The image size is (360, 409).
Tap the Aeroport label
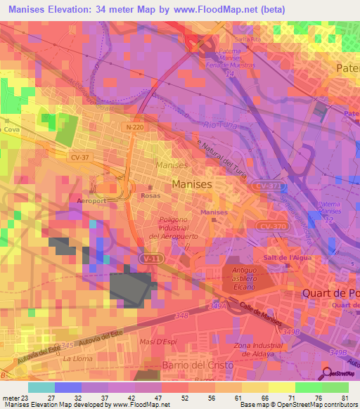(x=91, y=200)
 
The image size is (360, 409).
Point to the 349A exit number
(x=218, y=306)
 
